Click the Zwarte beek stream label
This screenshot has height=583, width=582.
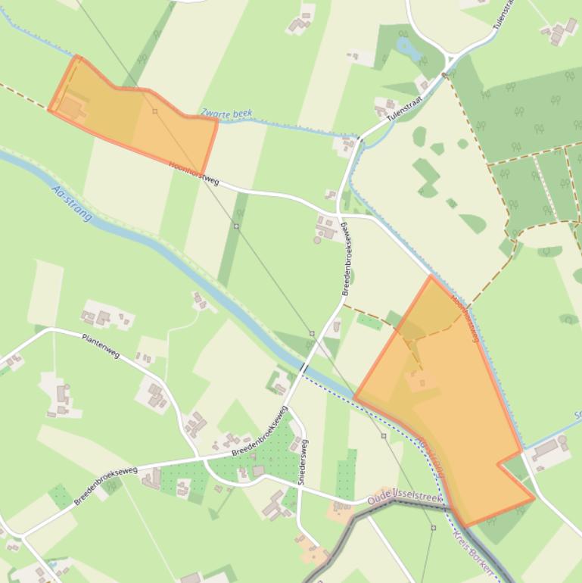tap(226, 114)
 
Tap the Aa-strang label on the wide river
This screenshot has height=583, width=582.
tap(73, 203)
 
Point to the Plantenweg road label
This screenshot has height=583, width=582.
tap(101, 344)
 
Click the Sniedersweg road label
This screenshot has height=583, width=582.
tap(302, 462)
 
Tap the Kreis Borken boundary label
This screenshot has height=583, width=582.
tap(472, 546)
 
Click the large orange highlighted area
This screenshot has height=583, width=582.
tap(454, 409)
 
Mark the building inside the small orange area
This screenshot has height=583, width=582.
tap(70, 107)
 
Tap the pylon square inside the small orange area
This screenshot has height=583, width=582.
tap(154, 111)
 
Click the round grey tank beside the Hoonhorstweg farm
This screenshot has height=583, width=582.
tap(317, 240)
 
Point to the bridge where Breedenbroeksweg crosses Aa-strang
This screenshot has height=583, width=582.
tap(303, 368)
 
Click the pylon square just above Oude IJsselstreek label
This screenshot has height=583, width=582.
tap(384, 436)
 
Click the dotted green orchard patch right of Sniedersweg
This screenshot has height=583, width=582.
tap(346, 474)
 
